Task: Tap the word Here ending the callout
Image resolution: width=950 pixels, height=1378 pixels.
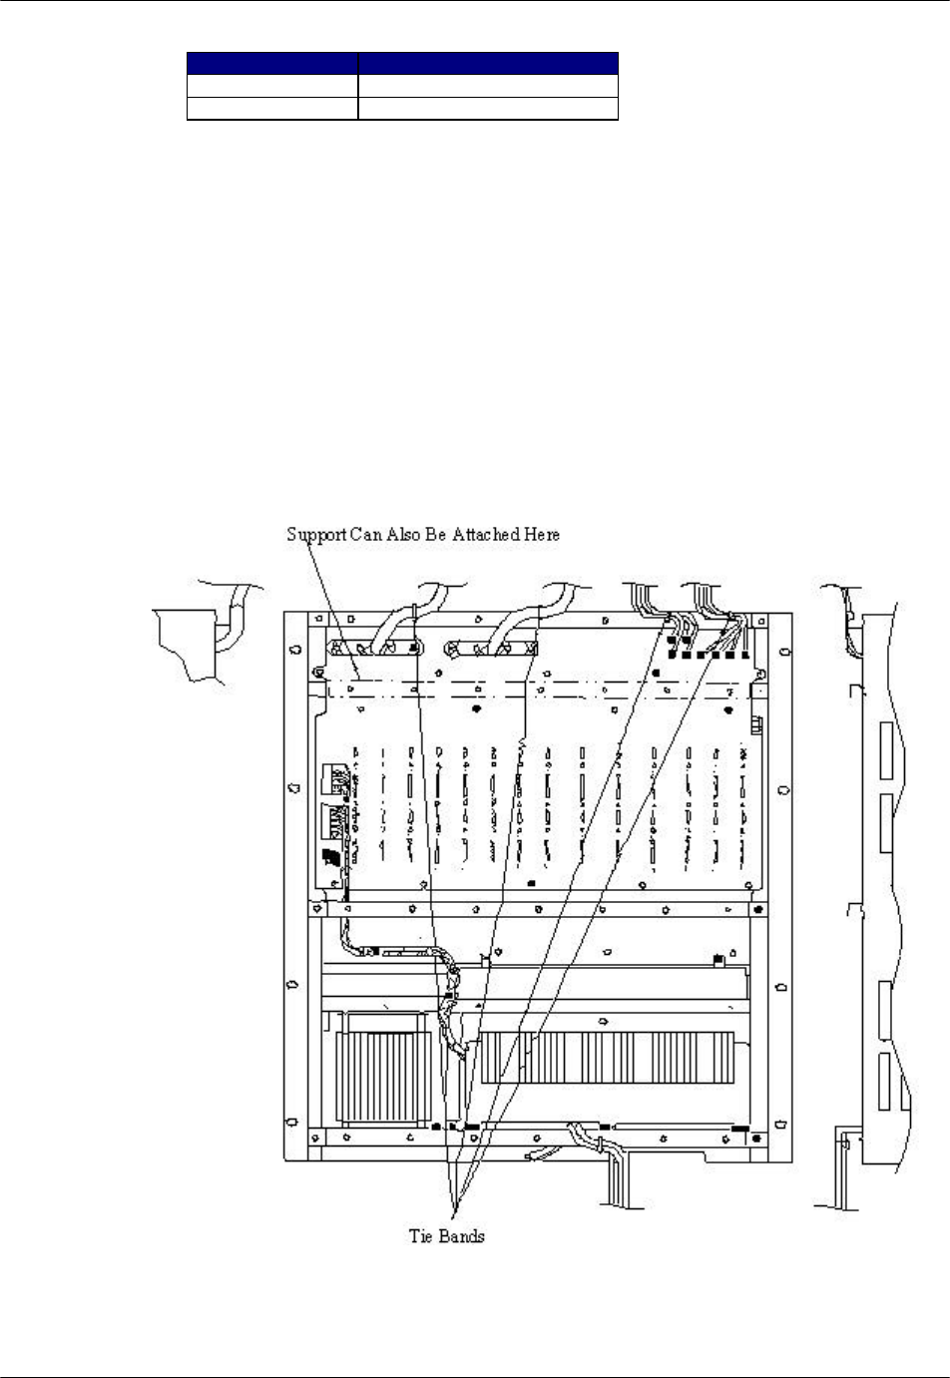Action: coord(540,535)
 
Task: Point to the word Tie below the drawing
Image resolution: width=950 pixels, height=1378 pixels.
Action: coord(419,1236)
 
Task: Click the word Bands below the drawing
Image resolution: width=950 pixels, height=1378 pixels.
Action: coord(462,1236)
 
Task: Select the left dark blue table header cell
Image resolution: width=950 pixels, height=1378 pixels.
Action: coord(272,63)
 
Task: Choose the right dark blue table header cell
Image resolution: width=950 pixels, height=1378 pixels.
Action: coord(488,63)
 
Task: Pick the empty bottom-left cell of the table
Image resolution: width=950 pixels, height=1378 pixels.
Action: coord(272,109)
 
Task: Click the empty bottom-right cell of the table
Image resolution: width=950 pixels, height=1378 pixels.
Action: coord(488,109)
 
